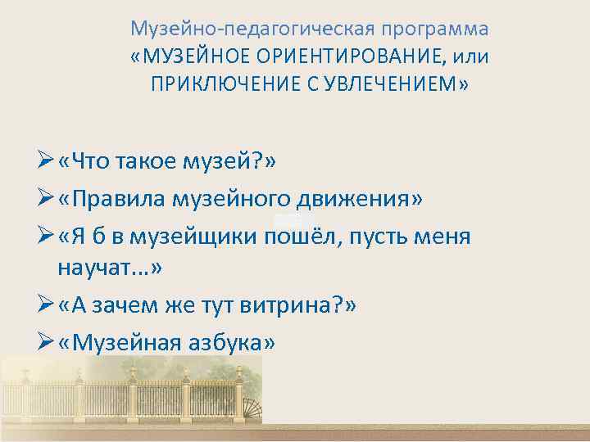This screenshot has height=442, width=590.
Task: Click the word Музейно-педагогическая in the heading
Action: click(237, 29)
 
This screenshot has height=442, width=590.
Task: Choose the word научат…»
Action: click(106, 268)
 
